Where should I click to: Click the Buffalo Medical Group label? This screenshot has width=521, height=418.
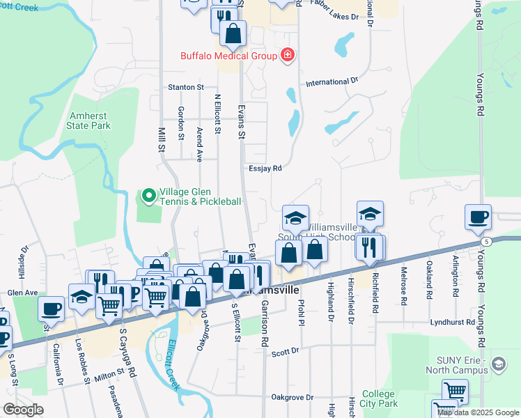tap(228, 56)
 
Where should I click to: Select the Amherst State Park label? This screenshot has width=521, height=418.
tap(88, 121)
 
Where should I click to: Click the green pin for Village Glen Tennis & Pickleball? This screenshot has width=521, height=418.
tap(148, 196)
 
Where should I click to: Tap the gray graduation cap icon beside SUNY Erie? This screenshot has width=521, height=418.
tap(499, 364)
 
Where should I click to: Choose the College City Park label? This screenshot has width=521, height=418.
tap(380, 398)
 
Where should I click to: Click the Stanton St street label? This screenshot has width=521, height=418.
tap(185, 88)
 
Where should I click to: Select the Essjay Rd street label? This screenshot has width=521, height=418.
tap(264, 169)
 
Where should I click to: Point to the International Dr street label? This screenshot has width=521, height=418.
tap(332, 82)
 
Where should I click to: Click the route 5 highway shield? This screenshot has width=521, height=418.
tap(486, 241)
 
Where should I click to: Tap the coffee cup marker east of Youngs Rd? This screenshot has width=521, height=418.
tap(478, 217)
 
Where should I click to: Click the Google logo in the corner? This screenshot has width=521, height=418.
tap(23, 409)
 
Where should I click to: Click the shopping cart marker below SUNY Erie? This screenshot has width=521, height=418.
tap(454, 391)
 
